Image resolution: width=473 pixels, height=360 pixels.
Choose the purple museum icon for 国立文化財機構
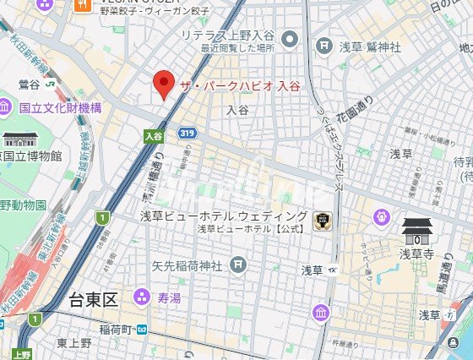[x=6, y=107]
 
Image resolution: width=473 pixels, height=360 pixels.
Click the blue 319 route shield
[x=188, y=133]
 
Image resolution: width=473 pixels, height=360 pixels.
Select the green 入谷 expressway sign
[x=152, y=134]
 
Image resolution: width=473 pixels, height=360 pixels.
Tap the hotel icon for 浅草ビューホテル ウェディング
[x=321, y=221]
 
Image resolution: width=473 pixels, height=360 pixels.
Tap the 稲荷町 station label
[x=116, y=328]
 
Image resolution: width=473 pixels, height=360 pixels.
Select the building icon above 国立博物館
[x=17, y=139]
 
